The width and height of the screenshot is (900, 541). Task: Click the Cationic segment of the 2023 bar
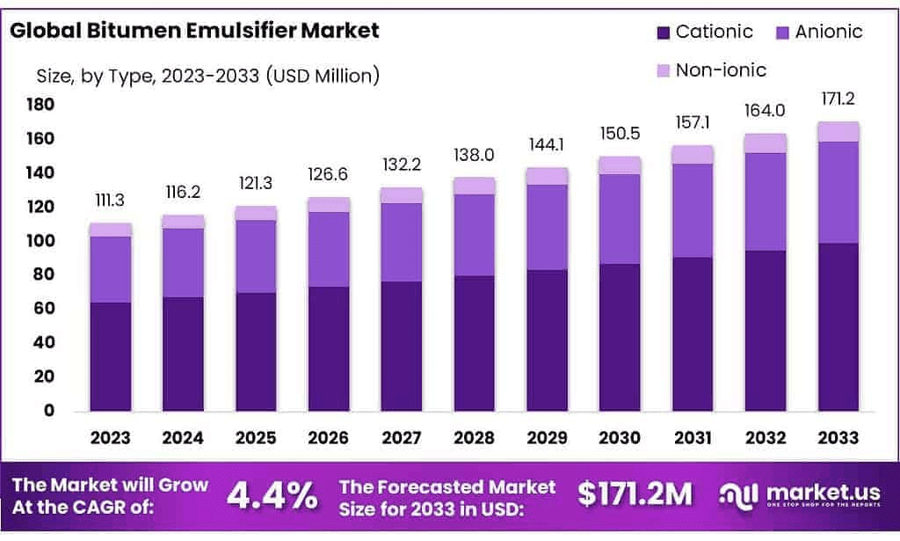click(110, 356)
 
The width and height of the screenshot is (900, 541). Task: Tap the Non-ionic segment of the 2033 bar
click(837, 131)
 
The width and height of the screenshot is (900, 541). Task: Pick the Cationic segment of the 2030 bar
click(621, 337)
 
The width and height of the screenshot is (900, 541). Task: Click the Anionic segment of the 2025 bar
click(256, 256)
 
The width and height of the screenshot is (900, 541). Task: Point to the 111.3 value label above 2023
click(110, 201)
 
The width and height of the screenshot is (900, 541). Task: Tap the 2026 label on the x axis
click(329, 437)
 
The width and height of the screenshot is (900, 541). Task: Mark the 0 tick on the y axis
click(49, 411)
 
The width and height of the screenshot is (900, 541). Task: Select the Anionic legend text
click(828, 33)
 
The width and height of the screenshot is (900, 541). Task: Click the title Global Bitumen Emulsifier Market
click(194, 31)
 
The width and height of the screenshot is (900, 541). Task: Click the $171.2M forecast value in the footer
click(635, 495)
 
